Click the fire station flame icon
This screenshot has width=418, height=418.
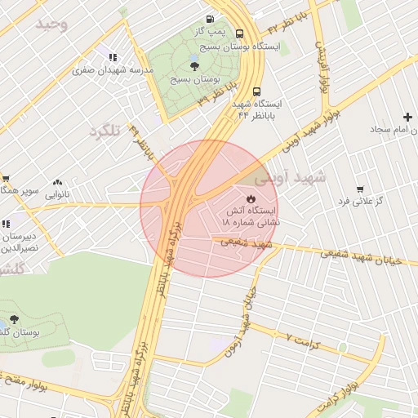click(x=251, y=198)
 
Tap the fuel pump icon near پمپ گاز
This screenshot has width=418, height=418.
click(x=211, y=19)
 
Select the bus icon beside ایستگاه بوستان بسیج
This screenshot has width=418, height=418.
click(x=239, y=34)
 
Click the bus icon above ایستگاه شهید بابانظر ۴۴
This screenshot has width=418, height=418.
click(x=257, y=92)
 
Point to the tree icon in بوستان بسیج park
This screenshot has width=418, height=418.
click(x=194, y=66)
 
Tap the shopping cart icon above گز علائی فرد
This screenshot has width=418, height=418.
click(x=360, y=189)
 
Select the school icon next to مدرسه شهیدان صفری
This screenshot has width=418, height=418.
click(x=112, y=57)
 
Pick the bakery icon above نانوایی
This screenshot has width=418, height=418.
click(x=57, y=183)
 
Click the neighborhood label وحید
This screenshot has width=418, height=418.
click(x=51, y=24)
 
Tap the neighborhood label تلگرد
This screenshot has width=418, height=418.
click(x=104, y=131)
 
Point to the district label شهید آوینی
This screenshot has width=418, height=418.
click(x=290, y=176)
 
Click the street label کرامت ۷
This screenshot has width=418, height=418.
click(x=309, y=340)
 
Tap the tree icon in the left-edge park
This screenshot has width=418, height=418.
click(x=14, y=319)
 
